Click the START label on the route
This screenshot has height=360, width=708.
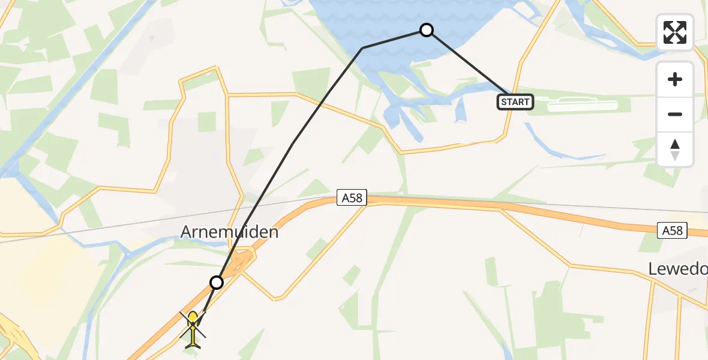pyautogui.click(x=515, y=102)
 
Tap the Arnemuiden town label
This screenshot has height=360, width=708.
pyautogui.click(x=229, y=232)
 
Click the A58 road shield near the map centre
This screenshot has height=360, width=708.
pyautogui.click(x=352, y=198)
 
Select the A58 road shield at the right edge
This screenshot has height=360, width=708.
pyautogui.click(x=673, y=230)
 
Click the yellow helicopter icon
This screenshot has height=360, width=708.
pyautogui.click(x=193, y=329)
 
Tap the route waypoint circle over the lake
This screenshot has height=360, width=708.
pyautogui.click(x=426, y=30)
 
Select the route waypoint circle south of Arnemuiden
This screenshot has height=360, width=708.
pyautogui.click(x=216, y=282)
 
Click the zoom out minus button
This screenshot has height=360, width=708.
pyautogui.click(x=675, y=114)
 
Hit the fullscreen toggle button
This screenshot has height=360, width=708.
pyautogui.click(x=675, y=32)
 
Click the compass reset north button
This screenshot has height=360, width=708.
pyautogui.click(x=675, y=149)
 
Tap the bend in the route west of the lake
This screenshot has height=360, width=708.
pyautogui.click(x=362, y=48)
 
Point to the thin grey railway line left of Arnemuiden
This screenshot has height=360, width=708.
pyautogui.click(x=90, y=232)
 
